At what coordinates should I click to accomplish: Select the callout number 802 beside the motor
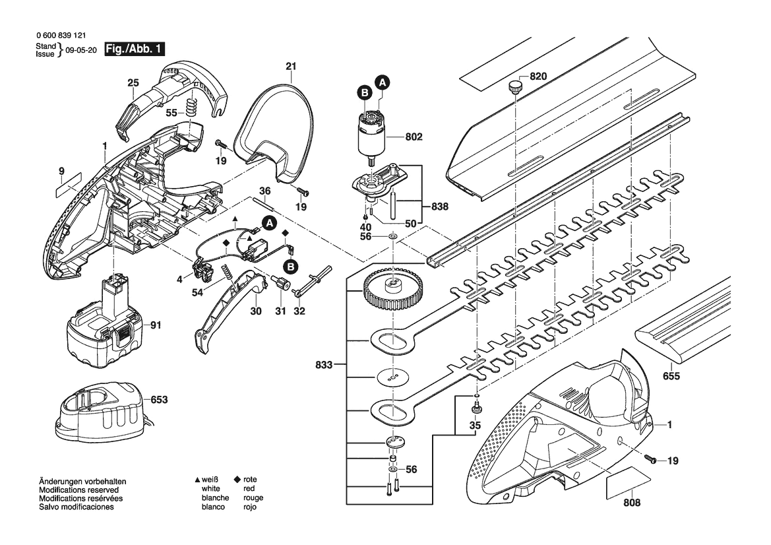(414, 138)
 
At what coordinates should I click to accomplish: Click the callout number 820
(538, 77)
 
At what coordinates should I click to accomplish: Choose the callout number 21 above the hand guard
(291, 66)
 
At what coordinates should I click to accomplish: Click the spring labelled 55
(192, 108)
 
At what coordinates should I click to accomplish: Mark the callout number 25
(133, 83)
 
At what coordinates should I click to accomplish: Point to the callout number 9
(61, 172)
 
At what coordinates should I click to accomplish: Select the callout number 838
(441, 207)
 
